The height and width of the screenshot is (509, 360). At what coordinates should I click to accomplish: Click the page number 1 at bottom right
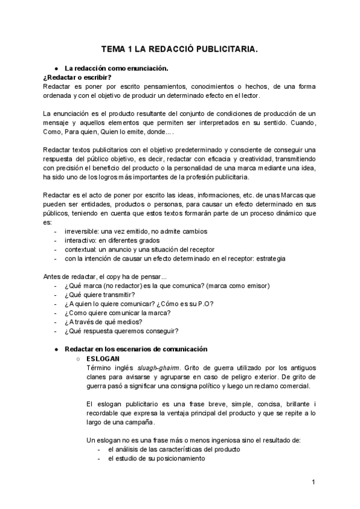point(313,482)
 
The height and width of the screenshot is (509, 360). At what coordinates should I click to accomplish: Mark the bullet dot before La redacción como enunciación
point(56,68)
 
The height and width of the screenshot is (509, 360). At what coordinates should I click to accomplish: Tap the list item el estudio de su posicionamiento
point(156,459)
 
